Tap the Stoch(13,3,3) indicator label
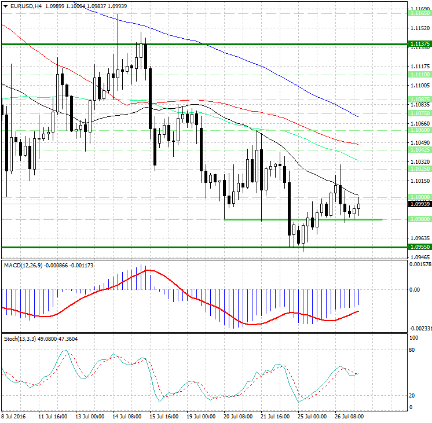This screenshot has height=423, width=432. click(20, 338)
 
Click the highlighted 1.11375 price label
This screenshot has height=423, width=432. click(419, 44)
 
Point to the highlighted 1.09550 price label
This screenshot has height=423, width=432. click(419, 247)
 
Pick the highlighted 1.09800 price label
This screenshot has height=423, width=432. click(419, 219)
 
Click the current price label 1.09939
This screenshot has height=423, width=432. click(419, 204)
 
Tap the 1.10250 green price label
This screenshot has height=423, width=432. click(419, 169)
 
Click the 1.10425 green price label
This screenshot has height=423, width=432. click(419, 149)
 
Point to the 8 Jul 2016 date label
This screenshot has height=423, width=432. click(14, 416)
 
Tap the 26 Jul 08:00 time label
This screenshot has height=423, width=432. click(349, 416)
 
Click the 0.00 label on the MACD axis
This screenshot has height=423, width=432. click(415, 289)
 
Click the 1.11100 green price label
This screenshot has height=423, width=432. click(419, 75)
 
